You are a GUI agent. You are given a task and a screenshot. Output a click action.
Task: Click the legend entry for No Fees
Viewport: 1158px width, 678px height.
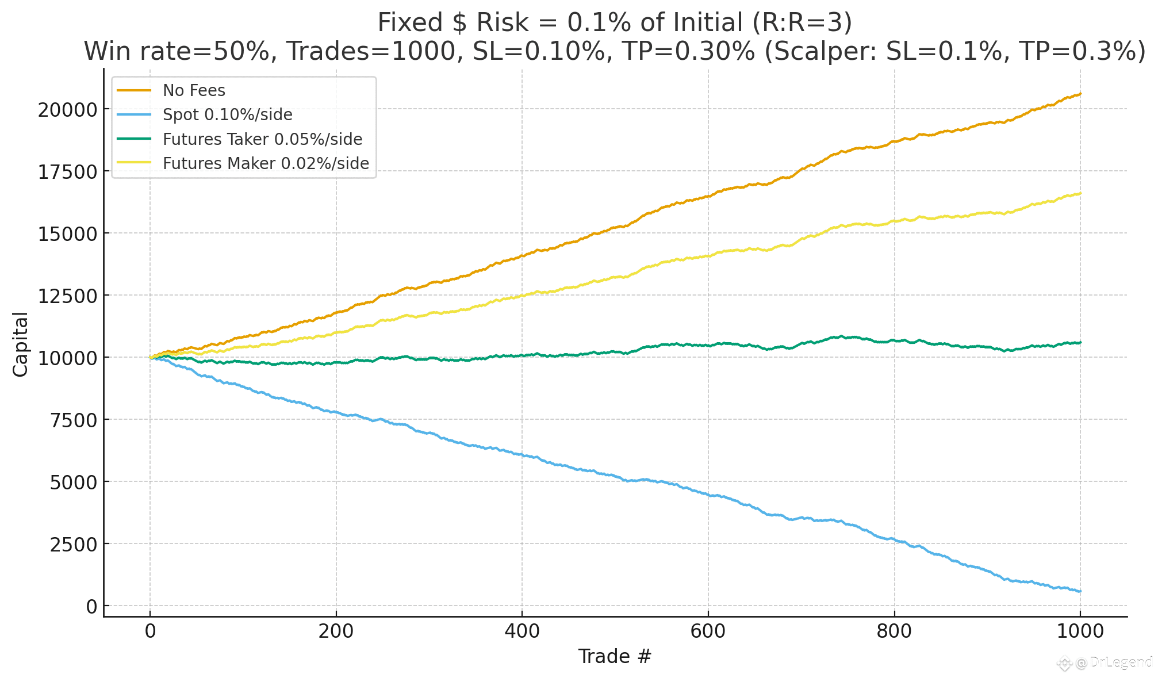click(194, 90)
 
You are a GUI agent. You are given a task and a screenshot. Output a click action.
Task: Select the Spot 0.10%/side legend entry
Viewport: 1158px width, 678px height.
click(227, 115)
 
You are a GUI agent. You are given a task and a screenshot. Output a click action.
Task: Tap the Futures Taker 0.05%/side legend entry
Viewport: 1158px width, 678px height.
click(262, 139)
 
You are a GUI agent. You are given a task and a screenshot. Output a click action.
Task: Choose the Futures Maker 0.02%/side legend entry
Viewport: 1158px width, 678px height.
click(266, 163)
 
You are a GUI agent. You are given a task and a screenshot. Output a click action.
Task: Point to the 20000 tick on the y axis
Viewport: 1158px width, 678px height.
click(66, 109)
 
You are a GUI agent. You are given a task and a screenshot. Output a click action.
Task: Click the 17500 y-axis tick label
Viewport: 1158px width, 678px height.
click(66, 171)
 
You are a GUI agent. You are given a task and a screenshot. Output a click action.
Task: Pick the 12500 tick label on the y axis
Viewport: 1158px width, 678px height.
click(66, 296)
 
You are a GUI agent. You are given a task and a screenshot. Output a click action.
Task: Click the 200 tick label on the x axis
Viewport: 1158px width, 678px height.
click(336, 631)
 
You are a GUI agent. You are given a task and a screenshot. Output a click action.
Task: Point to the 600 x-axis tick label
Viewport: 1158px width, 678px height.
click(708, 631)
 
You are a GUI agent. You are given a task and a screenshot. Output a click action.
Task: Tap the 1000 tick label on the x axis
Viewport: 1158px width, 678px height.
click(1080, 631)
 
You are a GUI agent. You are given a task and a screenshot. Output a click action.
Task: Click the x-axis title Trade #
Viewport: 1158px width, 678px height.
click(615, 656)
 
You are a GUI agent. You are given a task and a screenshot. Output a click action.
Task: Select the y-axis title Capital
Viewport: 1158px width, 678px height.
click(21, 344)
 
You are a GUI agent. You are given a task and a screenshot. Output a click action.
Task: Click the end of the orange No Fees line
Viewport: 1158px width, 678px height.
click(1080, 94)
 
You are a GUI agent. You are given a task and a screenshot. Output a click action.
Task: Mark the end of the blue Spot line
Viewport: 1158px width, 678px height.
click(1080, 591)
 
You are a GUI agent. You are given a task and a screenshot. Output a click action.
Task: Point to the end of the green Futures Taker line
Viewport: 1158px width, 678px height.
click(1080, 343)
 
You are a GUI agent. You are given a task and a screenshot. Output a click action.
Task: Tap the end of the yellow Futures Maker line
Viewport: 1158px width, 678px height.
click(1080, 193)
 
